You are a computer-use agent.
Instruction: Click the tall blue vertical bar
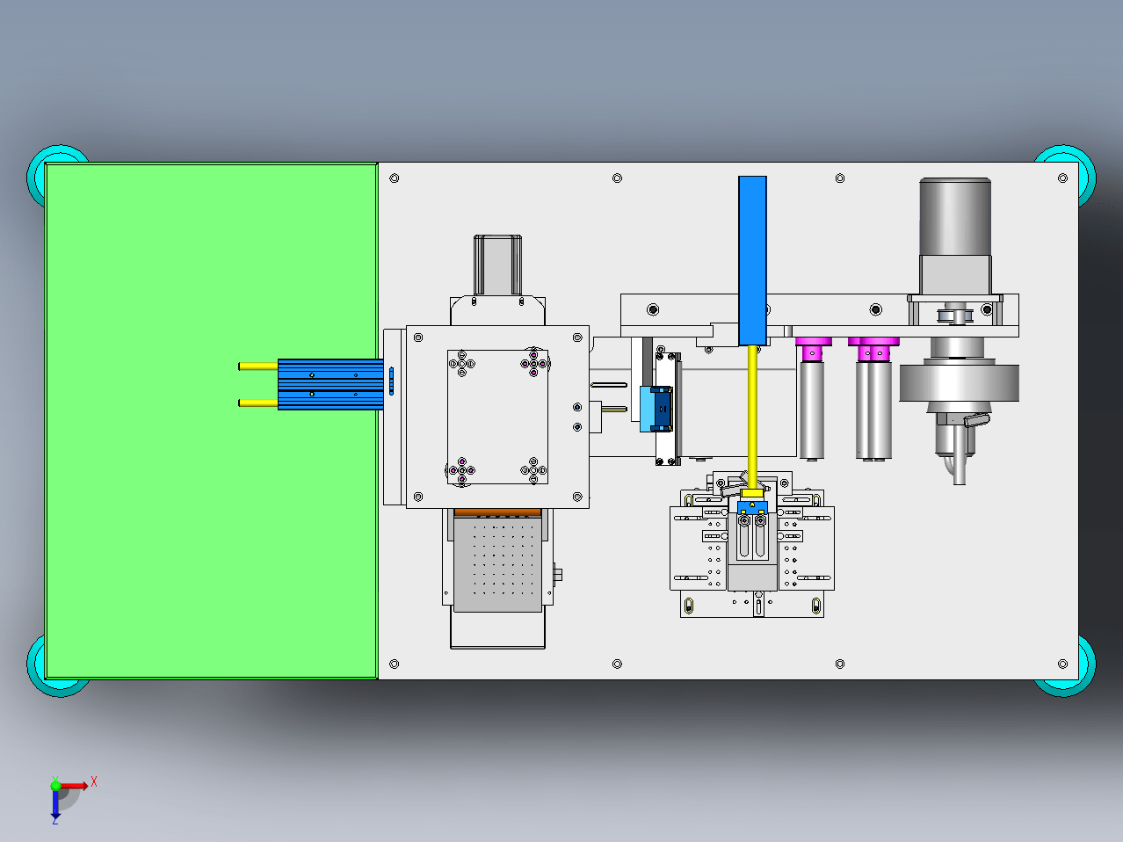pos(752,261)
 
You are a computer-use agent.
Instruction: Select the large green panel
pos(211,421)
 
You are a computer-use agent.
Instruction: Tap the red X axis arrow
pos(74,785)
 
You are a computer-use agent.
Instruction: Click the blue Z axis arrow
pos(55,803)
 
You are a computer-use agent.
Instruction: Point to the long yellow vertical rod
pos(752,417)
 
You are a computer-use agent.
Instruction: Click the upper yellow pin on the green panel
pos(257,367)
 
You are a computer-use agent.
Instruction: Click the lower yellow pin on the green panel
pos(257,403)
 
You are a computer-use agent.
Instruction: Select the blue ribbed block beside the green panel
pos(330,384)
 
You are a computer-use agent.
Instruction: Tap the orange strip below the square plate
pos(497,512)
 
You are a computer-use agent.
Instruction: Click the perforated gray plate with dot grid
pos(497,563)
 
